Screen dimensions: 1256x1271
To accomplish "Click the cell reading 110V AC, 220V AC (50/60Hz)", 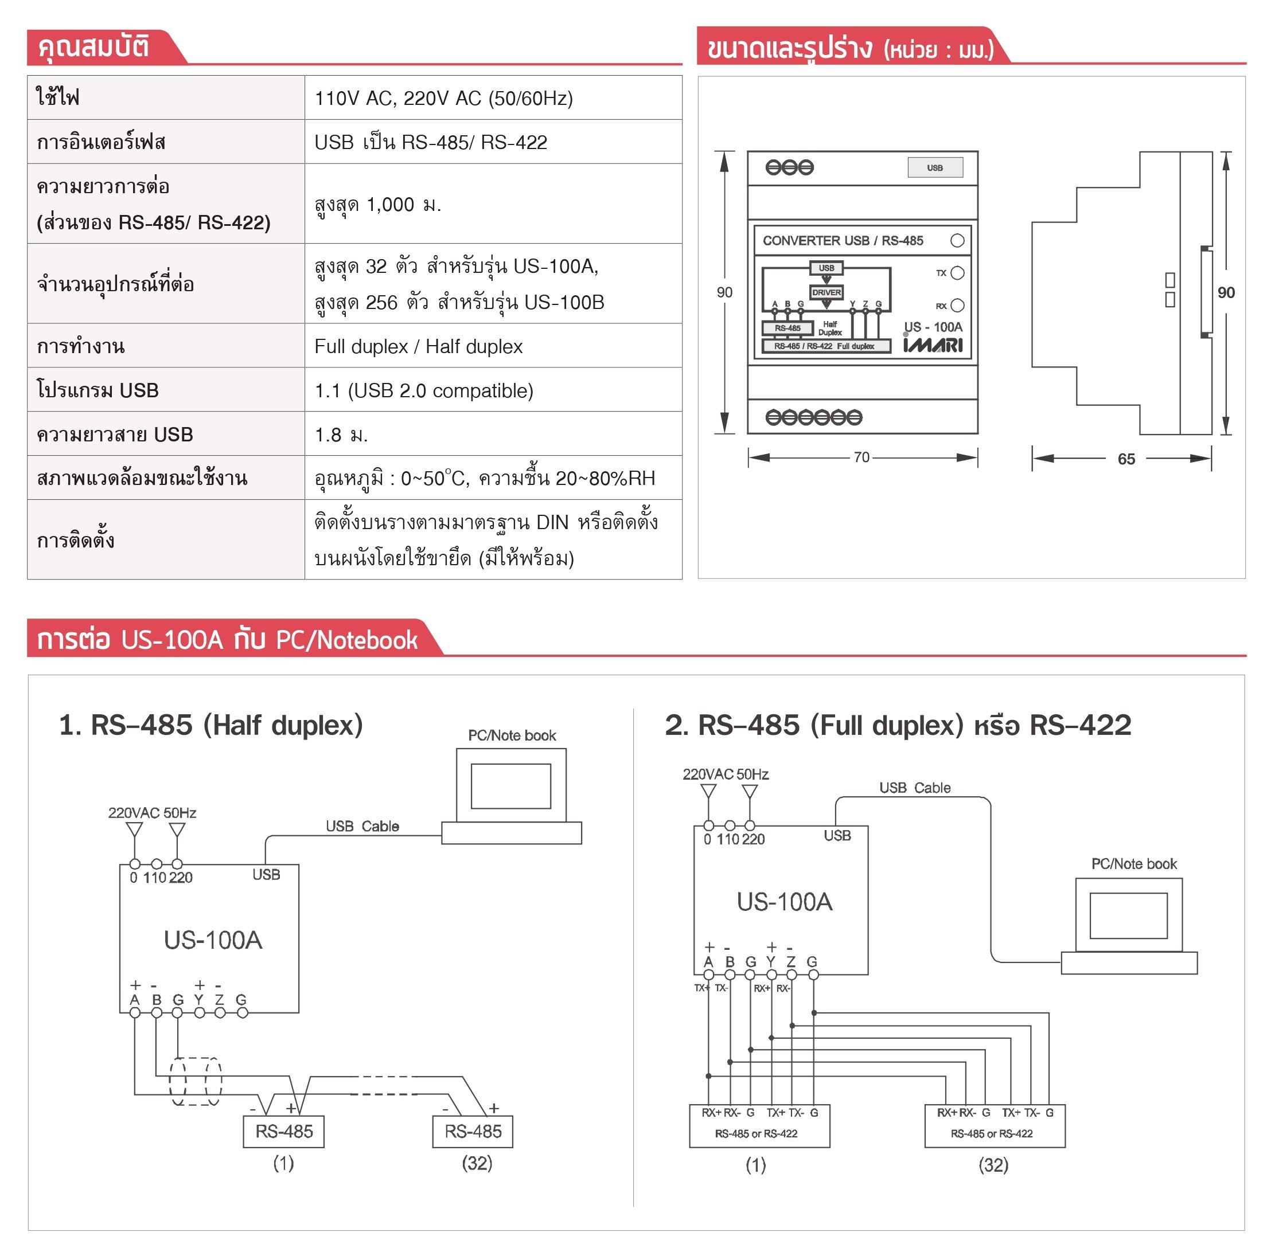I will [x=443, y=98].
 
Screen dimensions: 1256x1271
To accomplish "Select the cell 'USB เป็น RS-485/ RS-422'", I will [x=430, y=142].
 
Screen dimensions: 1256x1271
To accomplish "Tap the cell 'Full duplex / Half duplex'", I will [x=418, y=347].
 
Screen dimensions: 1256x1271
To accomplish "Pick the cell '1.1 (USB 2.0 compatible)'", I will [x=424, y=390].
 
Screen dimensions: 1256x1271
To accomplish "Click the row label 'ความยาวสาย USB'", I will [x=115, y=435].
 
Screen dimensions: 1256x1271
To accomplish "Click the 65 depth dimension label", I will [x=1126, y=459].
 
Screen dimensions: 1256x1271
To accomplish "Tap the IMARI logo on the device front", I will [x=932, y=345].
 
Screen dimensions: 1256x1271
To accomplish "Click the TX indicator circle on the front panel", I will [x=957, y=273].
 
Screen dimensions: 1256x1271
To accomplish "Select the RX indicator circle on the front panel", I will [x=957, y=305].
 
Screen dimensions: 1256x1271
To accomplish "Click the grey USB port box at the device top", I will [x=935, y=168].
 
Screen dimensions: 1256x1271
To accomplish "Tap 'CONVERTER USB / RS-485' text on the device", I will [x=843, y=241].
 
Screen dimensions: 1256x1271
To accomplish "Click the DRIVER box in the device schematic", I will [x=826, y=292].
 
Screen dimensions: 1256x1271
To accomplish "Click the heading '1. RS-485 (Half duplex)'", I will [x=210, y=725].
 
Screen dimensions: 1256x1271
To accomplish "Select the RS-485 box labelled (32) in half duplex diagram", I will [x=473, y=1132].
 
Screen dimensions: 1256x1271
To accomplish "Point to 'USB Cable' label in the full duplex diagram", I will [x=914, y=788].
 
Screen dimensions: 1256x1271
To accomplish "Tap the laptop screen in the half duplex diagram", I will [x=511, y=786].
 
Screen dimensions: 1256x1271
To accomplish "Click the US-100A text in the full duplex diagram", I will [x=784, y=902].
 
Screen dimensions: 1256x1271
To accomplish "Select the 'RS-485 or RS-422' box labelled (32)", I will [x=994, y=1126].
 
